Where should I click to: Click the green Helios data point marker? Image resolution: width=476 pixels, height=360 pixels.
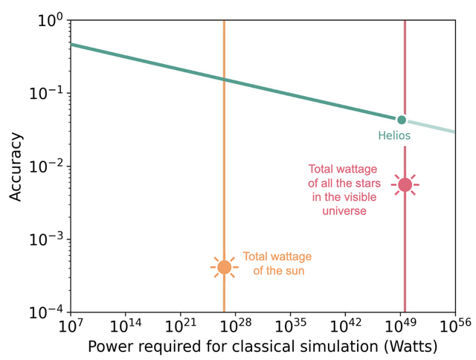pyautogui.click(x=402, y=120)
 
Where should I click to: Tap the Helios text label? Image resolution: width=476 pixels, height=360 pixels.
pyautogui.click(x=395, y=136)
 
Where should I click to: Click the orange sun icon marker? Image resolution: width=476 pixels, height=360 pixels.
pyautogui.click(x=224, y=267)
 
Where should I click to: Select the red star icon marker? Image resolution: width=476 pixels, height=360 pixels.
pyautogui.click(x=405, y=184)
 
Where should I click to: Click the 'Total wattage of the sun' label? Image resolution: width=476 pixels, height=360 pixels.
pyautogui.click(x=277, y=263)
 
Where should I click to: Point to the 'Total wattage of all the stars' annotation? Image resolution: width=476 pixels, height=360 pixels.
pyautogui.click(x=344, y=190)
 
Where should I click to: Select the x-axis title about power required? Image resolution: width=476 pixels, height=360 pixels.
pyautogui.click(x=263, y=347)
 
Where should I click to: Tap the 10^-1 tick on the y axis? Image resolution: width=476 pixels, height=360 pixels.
pyautogui.click(x=45, y=94)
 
